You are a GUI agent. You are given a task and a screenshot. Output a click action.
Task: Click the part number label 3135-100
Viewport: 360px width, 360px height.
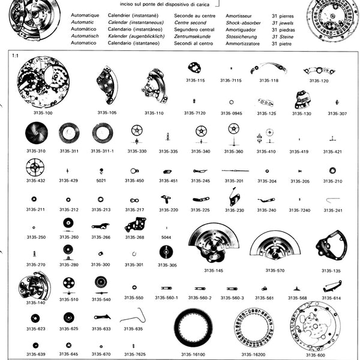pos(41,112)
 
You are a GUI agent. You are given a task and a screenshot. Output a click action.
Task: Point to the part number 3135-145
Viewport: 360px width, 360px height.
pos(213,271)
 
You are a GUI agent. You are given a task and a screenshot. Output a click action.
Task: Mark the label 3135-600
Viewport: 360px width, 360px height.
pos(316,355)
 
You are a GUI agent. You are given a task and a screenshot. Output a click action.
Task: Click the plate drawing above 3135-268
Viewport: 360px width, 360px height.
pos(136,226)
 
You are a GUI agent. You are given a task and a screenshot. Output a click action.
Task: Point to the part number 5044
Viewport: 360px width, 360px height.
pos(166,237)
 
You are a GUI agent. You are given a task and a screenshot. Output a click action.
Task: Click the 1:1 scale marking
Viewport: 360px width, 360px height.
pos(15,55)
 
